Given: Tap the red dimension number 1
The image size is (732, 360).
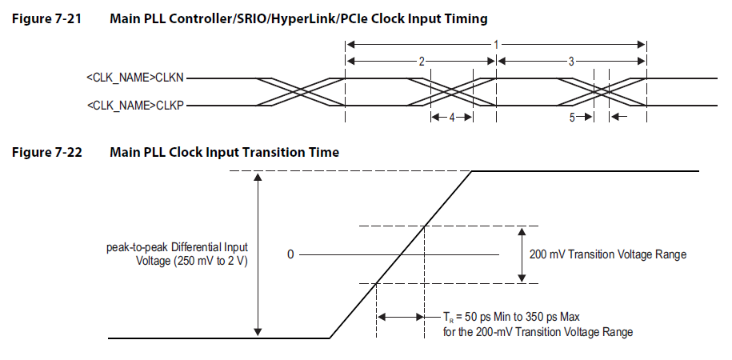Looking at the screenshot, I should [496, 45].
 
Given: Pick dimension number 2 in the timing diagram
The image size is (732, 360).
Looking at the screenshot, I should [421, 61].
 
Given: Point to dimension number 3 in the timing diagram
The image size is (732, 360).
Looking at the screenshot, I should [570, 61].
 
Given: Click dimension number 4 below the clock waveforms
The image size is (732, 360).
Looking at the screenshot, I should [451, 117].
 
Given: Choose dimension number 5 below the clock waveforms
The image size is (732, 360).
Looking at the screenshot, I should [572, 117].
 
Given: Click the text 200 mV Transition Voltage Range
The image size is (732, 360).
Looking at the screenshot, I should [608, 254].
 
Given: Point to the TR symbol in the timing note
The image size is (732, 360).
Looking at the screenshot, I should [448, 317].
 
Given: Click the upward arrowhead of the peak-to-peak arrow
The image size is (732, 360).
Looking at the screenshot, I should [258, 177].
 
